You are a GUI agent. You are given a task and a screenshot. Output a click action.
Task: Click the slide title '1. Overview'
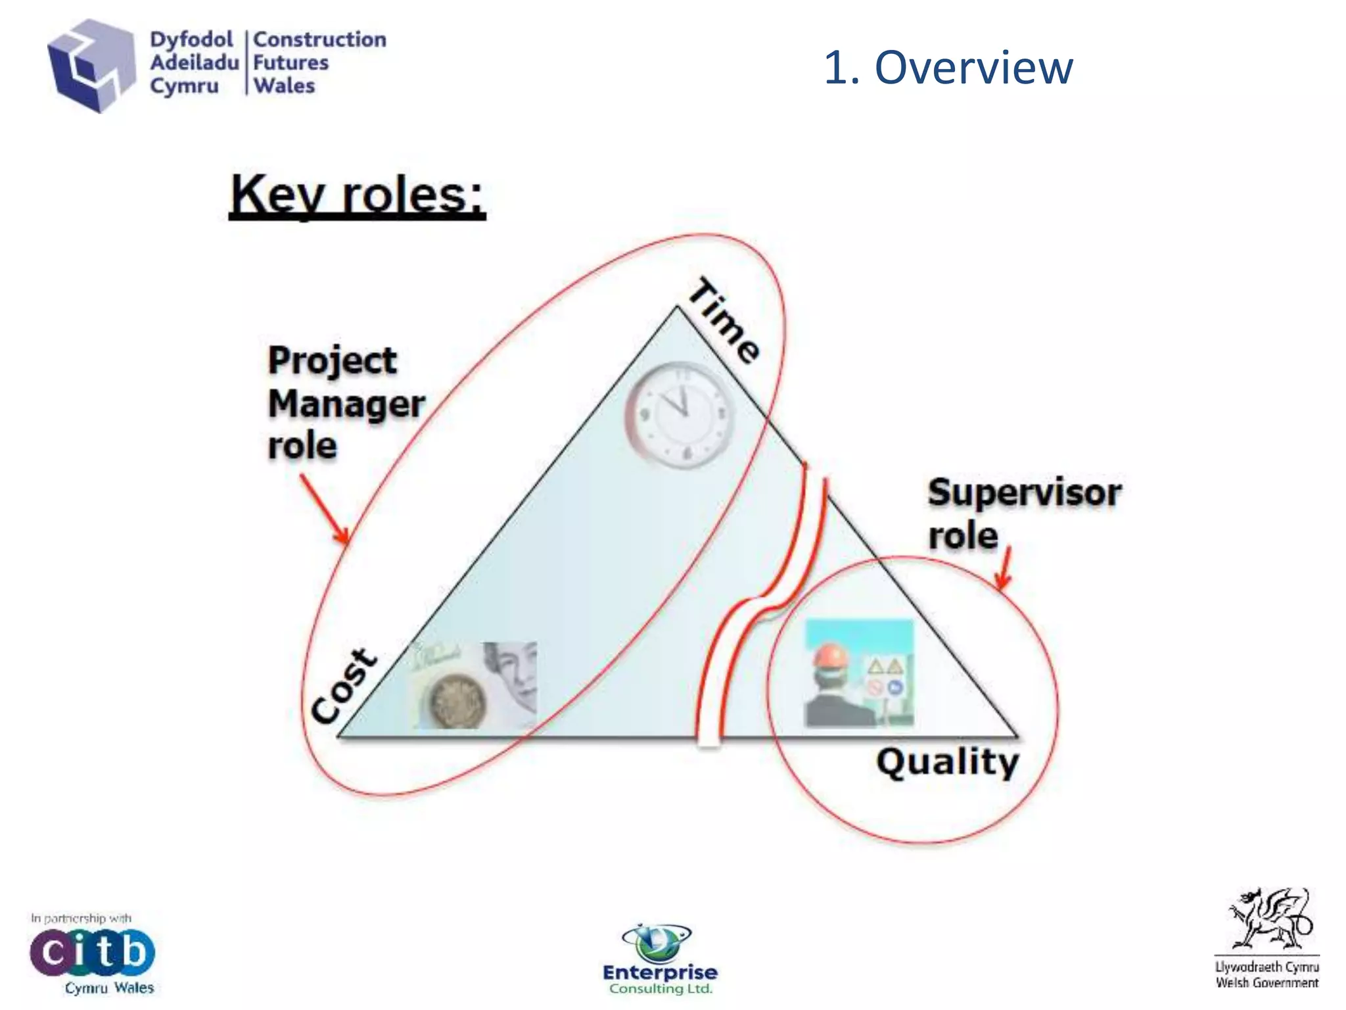click(x=948, y=67)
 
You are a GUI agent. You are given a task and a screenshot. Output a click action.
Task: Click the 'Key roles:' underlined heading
click(x=357, y=195)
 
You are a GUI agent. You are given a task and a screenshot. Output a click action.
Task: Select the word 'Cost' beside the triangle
click(x=344, y=686)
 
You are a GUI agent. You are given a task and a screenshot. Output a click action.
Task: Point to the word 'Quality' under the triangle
click(x=947, y=763)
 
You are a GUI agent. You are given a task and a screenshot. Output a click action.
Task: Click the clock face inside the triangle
click(x=680, y=416)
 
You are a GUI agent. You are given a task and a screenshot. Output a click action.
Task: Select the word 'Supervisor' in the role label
click(x=1024, y=493)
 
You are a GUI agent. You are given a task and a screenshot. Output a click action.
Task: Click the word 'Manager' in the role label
click(x=346, y=404)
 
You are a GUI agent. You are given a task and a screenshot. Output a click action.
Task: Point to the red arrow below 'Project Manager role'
click(x=325, y=510)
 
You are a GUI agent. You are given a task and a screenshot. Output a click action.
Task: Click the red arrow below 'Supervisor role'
click(x=1004, y=567)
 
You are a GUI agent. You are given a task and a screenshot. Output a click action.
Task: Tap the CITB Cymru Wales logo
click(x=92, y=953)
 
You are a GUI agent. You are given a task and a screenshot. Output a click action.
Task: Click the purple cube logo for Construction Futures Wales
click(x=90, y=65)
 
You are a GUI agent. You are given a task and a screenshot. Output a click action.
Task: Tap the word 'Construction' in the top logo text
click(x=319, y=39)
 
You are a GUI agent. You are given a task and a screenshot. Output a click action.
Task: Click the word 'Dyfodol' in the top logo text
click(x=191, y=39)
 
